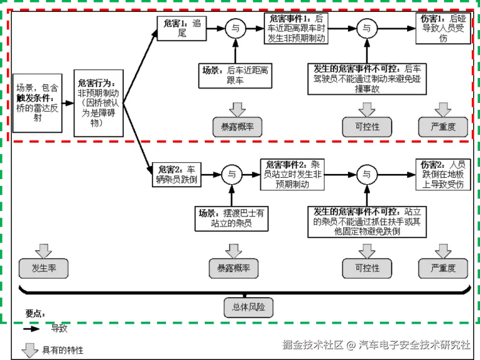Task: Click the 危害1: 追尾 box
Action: point(182,28)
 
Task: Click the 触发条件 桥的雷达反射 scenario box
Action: point(36,102)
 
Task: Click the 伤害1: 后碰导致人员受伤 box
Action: point(443,29)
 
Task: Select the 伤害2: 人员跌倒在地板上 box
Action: point(443,175)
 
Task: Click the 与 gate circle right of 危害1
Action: point(235,28)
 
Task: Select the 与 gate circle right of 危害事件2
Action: point(366,174)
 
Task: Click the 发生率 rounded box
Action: point(43,268)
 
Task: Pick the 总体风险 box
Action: point(248,307)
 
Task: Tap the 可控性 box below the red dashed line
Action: point(367,268)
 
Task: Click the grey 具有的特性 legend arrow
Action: point(30,349)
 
